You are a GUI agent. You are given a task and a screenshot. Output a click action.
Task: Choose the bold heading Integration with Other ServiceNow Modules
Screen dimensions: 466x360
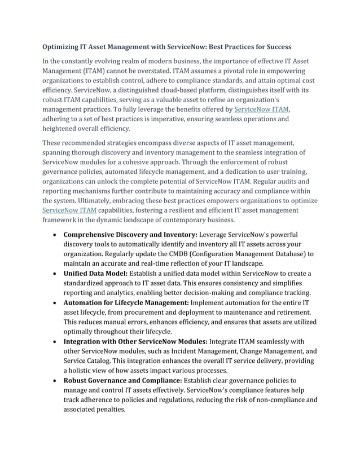(135, 341)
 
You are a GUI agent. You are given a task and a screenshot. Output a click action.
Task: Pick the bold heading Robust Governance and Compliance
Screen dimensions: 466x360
(122, 380)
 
